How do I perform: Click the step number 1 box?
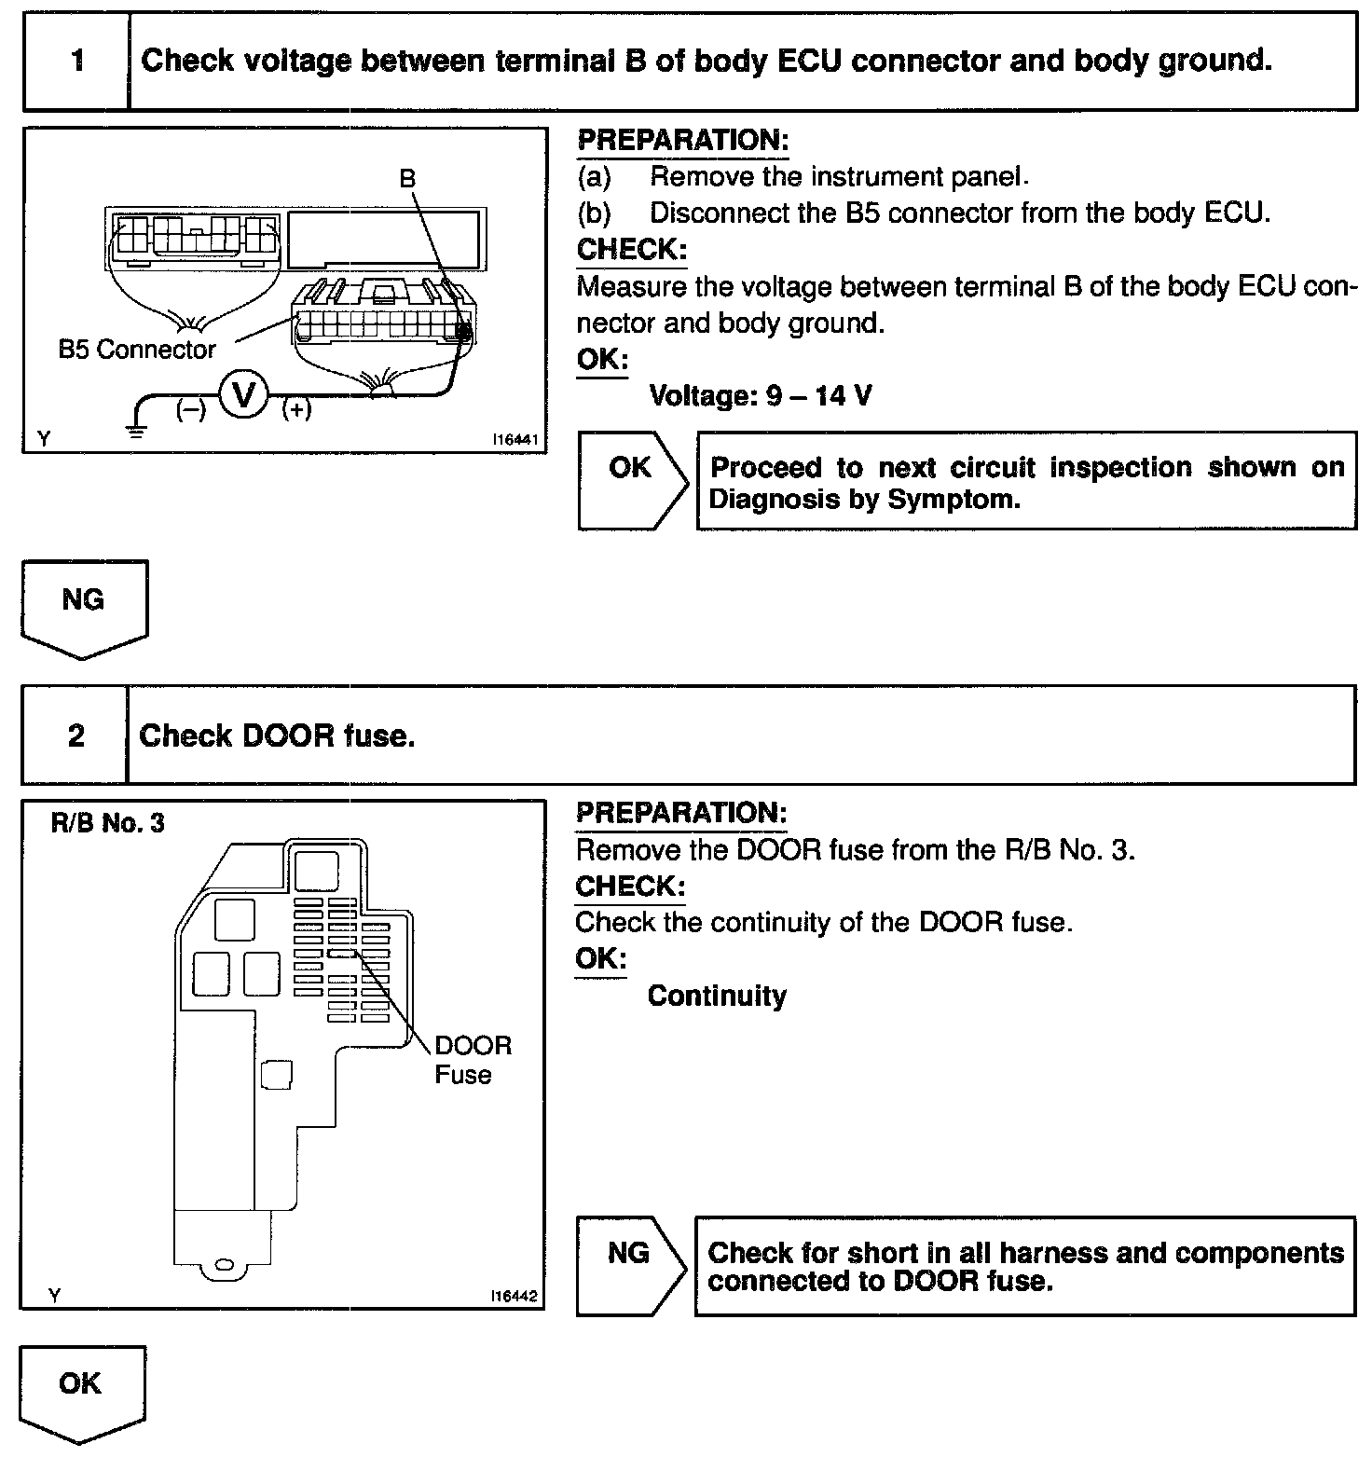pos(77,62)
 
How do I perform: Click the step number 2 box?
pos(75,736)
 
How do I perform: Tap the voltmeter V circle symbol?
pos(244,395)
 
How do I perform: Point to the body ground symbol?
pos(136,430)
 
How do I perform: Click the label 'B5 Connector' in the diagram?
pos(137,350)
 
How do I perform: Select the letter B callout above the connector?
pos(407,179)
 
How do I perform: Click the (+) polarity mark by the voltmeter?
pos(296,409)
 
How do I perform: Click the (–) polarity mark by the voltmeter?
pos(191,409)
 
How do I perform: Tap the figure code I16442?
pos(514,1297)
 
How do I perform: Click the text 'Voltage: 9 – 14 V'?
pos(761,396)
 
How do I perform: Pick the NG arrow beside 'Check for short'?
pos(631,1265)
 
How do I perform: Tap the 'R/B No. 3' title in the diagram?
pos(107,824)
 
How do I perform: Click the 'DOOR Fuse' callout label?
pos(473,1060)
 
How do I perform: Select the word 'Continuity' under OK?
pos(717,997)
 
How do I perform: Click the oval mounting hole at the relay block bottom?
pos(224,1264)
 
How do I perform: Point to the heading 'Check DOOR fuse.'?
pos(277,736)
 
